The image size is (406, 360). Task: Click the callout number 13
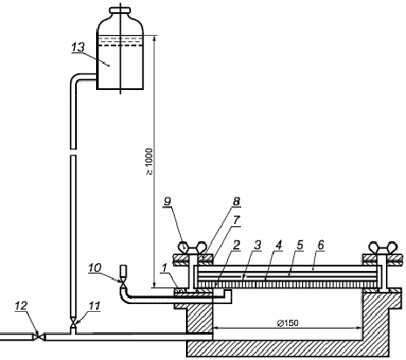(78, 47)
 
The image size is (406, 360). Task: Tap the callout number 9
(168, 202)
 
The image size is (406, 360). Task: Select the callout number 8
(237, 202)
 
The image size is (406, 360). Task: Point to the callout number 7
(236, 220)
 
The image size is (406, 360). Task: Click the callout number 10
(94, 267)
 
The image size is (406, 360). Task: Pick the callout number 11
(94, 306)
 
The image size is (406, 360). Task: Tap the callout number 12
(21, 306)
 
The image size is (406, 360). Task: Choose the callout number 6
(320, 245)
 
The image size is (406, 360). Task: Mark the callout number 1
(165, 268)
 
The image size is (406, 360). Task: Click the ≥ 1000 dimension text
(149, 162)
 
